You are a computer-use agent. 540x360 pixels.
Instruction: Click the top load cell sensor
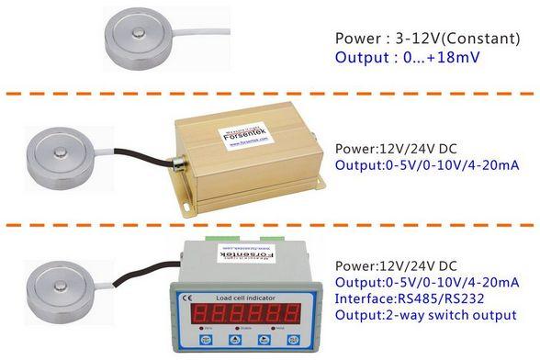pyautogui.click(x=140, y=41)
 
